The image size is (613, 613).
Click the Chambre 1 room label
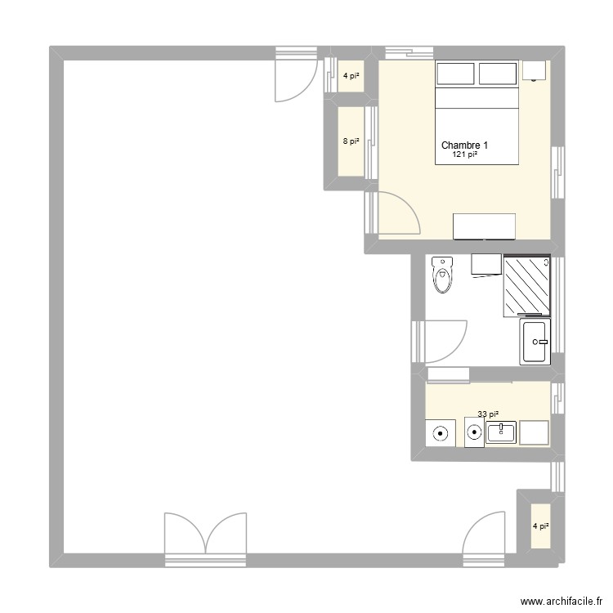tap(465, 145)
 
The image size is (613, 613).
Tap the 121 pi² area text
tap(465, 154)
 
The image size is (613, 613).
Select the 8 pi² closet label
tap(351, 141)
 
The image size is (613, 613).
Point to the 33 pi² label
tap(488, 415)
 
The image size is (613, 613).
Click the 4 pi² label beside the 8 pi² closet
tap(351, 77)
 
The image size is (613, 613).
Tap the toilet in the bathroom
tap(443, 275)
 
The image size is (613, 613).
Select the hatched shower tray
tap(527, 285)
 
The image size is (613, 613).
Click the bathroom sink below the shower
tap(536, 341)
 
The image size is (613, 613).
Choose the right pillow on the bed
tap(497, 74)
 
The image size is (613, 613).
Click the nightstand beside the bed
tap(535, 70)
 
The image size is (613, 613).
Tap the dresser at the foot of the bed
tap(485, 226)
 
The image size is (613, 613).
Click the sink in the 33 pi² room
tap(500, 432)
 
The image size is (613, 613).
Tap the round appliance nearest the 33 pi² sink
tap(474, 432)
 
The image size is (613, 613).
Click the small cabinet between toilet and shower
tap(486, 265)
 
